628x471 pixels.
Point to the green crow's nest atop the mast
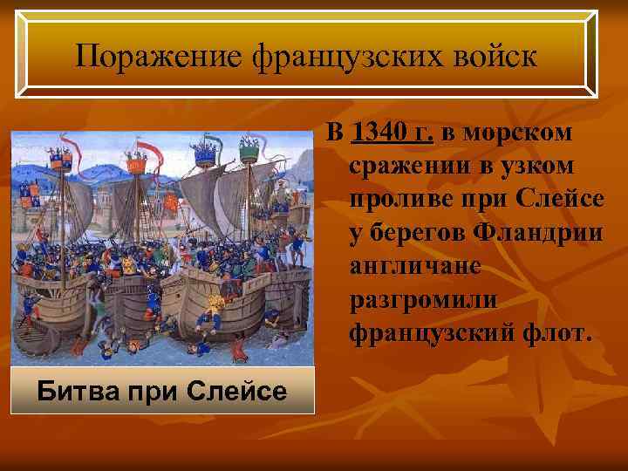pos(249,152)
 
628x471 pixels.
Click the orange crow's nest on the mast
pos(135,163)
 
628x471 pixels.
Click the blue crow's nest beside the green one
pos(206,154)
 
